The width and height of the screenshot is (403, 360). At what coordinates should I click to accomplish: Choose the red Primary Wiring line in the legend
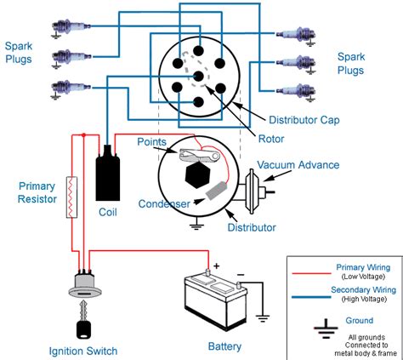[313, 272]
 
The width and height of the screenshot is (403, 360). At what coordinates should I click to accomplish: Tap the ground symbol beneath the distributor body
[196, 226]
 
